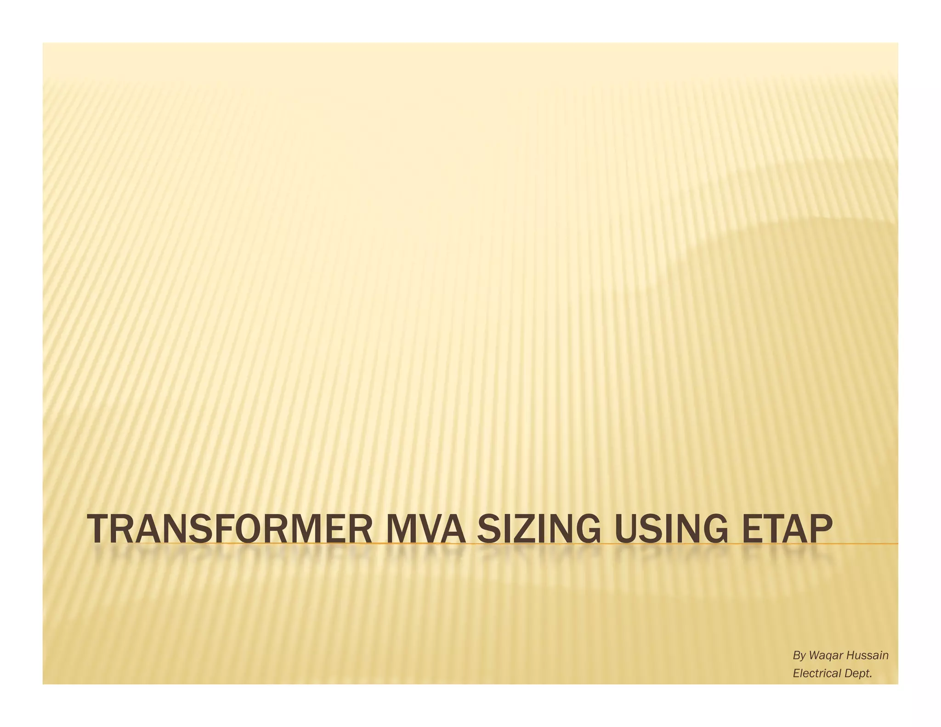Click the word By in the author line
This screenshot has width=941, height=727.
pos(799,656)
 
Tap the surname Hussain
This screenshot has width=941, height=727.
pos(867,656)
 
